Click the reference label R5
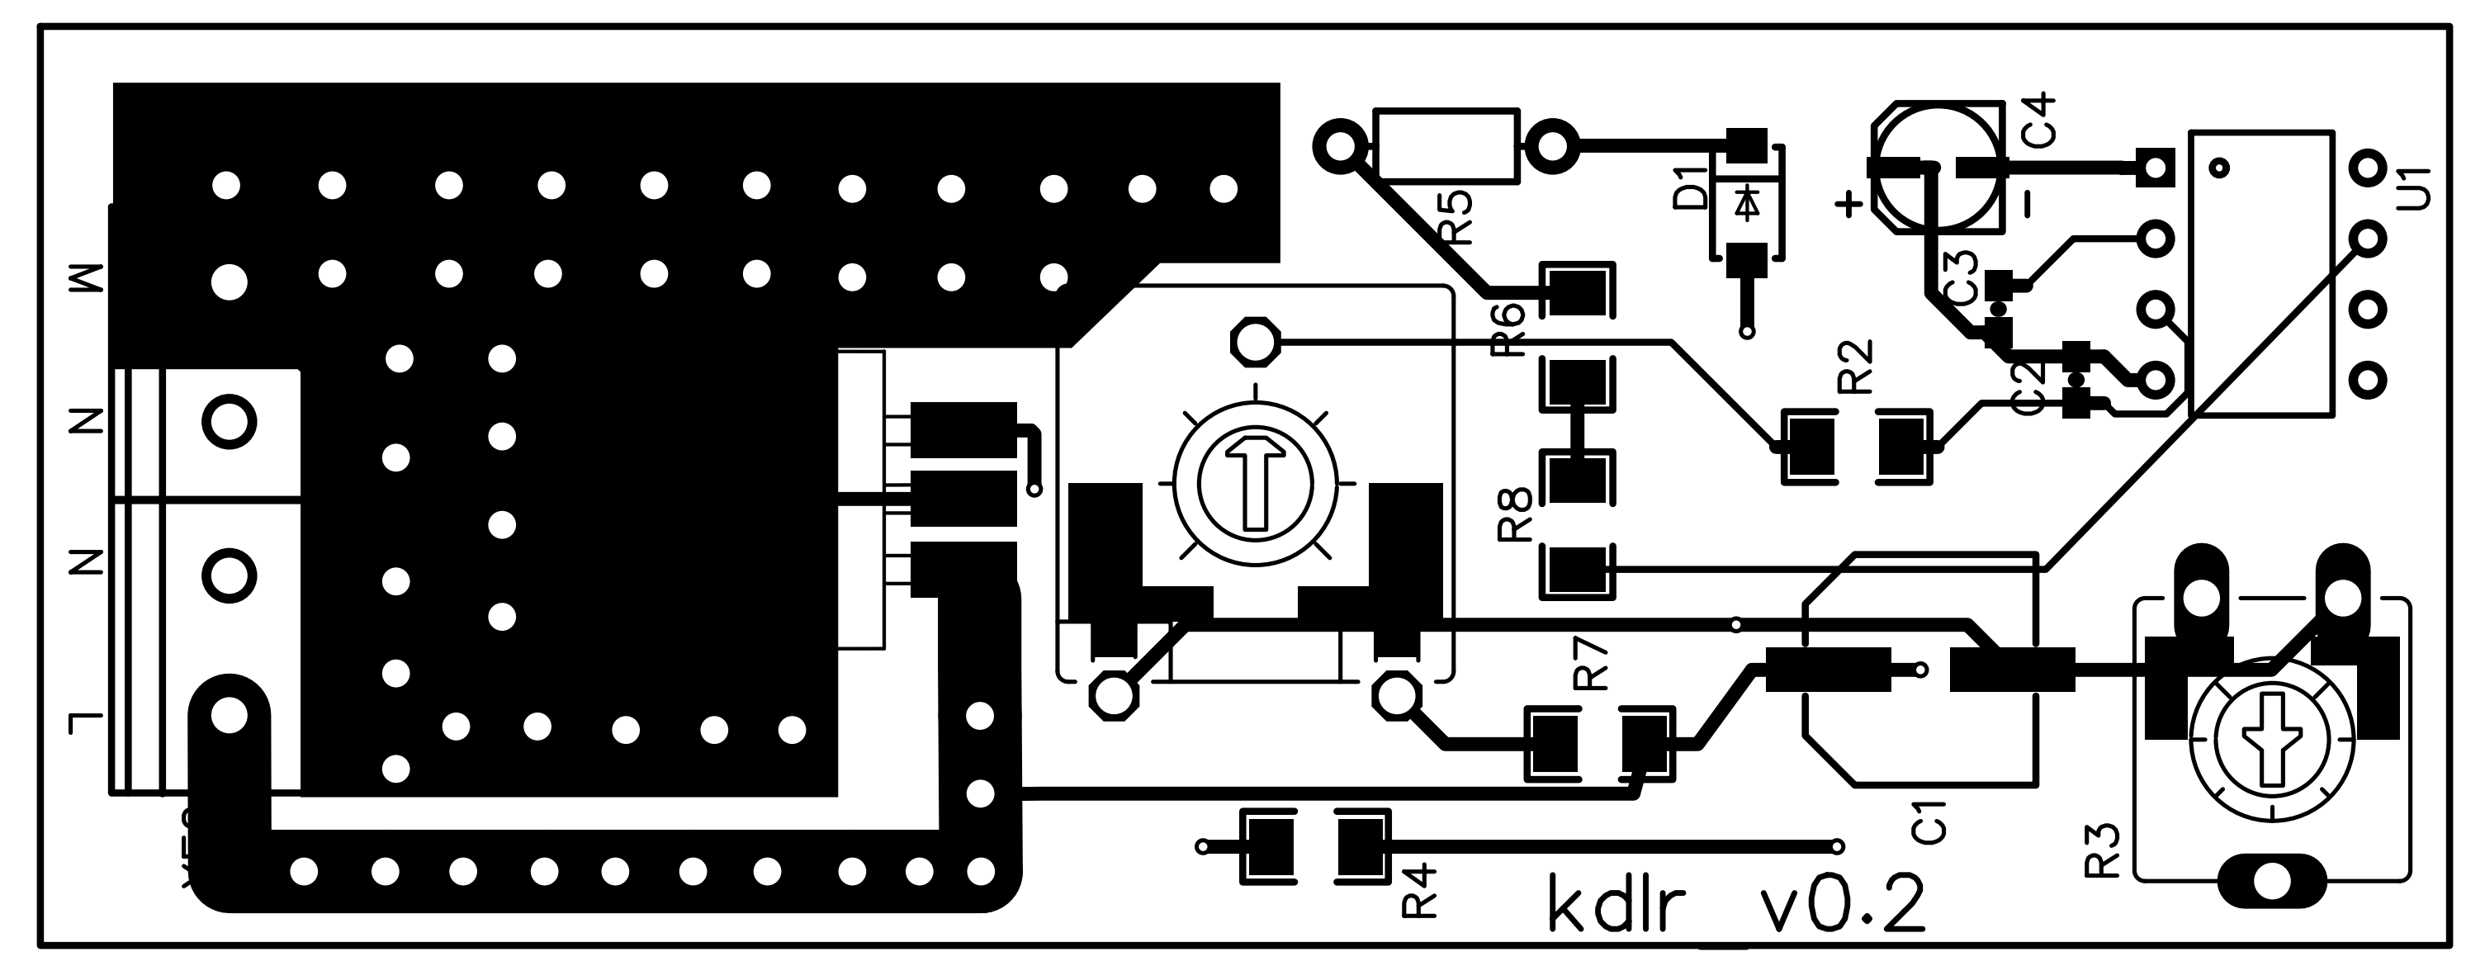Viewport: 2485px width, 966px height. [1455, 216]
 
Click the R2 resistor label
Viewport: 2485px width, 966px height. [1856, 367]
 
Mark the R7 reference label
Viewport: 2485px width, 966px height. [1592, 664]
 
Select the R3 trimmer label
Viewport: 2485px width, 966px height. [2103, 850]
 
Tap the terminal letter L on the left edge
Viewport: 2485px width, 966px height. [85, 721]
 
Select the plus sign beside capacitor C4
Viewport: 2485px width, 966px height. [1848, 204]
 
